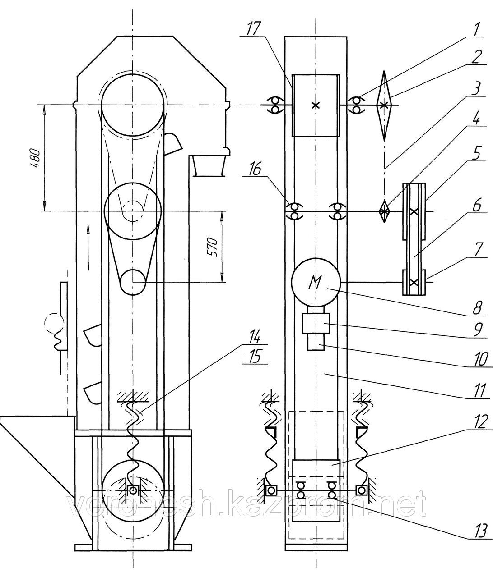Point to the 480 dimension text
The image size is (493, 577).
pos(37,158)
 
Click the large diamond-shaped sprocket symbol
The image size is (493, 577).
pos(384,105)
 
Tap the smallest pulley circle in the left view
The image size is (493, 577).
pos(133,282)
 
